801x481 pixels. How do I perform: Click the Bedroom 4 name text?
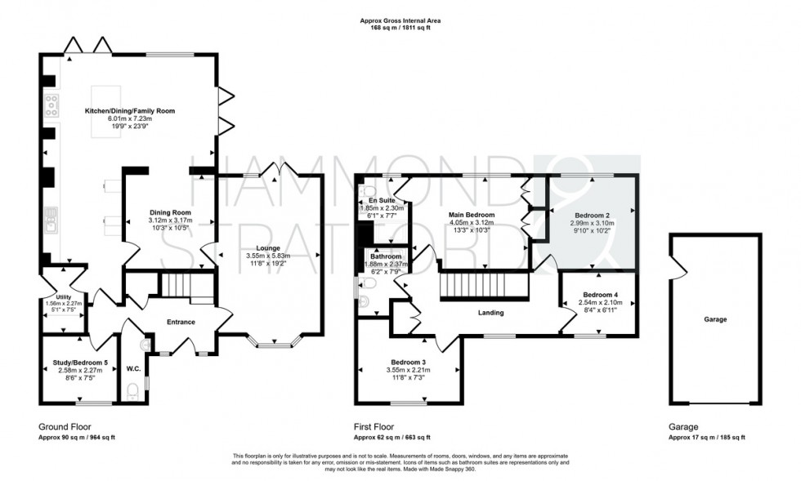tap(599, 294)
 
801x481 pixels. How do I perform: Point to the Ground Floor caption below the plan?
tap(65, 426)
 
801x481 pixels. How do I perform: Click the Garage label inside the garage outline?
tap(715, 319)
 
